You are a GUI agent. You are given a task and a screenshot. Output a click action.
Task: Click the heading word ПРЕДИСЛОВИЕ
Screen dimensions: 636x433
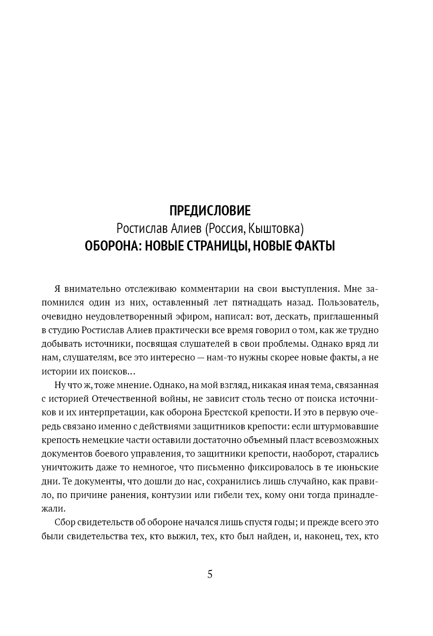pyautogui.click(x=209, y=211)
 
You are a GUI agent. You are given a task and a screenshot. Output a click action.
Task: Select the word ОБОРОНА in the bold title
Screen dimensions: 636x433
pyautogui.click(x=111, y=246)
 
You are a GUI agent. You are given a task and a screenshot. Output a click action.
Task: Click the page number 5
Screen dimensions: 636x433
pyautogui.click(x=209, y=574)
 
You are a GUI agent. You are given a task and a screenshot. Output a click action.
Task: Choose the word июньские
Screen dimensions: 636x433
pyautogui.click(x=357, y=467)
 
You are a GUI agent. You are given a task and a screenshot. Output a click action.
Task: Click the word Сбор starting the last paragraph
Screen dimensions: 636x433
pyautogui.click(x=65, y=523)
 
